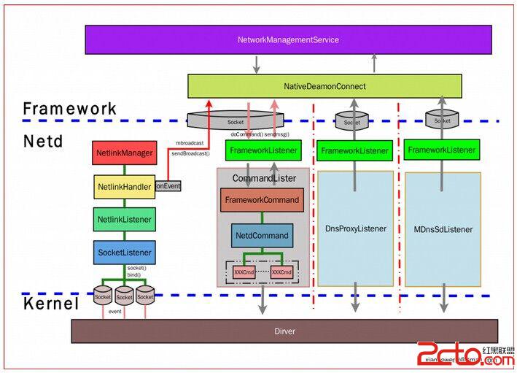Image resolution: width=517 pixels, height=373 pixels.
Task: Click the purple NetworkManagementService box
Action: click(288, 39)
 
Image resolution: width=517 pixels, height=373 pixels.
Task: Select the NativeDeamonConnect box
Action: click(324, 86)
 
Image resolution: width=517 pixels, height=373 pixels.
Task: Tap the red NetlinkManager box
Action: click(125, 153)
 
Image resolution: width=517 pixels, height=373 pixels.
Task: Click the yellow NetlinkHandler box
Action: click(125, 187)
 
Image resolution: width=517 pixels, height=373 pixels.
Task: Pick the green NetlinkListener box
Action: click(125, 219)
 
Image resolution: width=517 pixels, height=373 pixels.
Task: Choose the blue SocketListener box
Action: click(125, 253)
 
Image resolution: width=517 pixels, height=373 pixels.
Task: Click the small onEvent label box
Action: click(168, 186)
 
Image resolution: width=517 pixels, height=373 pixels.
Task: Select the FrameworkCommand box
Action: click(262, 200)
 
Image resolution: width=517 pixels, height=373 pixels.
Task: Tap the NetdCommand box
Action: click(262, 235)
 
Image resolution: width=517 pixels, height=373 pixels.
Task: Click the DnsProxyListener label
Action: click(355, 228)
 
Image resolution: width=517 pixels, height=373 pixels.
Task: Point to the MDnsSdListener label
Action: click(443, 229)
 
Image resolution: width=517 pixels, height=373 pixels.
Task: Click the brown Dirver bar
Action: click(284, 331)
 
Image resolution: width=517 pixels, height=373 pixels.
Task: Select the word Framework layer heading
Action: click(70, 109)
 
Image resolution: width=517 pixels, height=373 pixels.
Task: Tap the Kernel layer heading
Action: click(50, 304)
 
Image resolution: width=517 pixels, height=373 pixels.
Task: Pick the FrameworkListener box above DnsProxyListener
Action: click(355, 151)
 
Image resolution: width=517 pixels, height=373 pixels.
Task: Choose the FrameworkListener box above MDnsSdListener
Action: click(442, 150)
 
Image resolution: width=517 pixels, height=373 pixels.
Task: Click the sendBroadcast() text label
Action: click(190, 154)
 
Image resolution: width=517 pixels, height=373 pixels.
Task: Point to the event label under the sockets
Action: click(115, 312)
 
